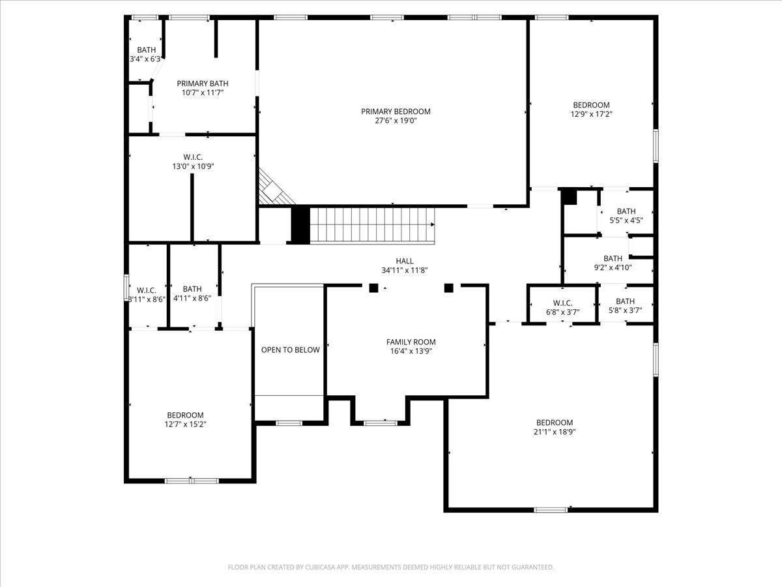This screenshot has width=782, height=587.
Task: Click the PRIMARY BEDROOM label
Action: click(396, 112)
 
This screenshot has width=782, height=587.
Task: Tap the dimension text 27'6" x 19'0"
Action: click(396, 121)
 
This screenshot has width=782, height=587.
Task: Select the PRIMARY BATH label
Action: click(203, 83)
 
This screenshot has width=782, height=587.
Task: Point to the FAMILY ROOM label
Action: click(411, 342)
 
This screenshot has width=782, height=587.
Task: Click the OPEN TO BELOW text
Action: click(291, 350)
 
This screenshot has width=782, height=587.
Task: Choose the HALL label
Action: click(405, 262)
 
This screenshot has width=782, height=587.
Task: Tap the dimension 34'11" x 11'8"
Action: click(405, 271)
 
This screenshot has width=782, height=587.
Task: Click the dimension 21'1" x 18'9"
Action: click(555, 432)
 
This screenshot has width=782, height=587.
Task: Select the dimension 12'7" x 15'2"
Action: click(185, 425)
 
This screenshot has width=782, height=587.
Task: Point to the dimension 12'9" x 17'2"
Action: click(592, 114)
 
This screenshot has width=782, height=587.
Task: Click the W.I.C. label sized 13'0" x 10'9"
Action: click(193, 157)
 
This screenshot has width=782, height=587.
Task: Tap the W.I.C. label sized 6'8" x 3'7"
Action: click(563, 303)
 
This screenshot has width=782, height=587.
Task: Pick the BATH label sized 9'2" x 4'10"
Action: click(613, 258)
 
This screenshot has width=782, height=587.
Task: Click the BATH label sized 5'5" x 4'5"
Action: click(626, 211)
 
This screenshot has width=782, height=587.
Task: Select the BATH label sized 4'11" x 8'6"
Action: click(192, 289)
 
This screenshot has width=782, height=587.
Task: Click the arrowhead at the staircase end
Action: click(433, 224)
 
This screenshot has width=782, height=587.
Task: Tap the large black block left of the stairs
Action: click(300, 225)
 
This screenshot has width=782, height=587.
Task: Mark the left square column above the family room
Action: click(373, 288)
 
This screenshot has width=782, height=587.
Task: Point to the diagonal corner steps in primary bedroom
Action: click(274, 189)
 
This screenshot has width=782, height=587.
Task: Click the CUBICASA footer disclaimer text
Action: click(391, 567)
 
